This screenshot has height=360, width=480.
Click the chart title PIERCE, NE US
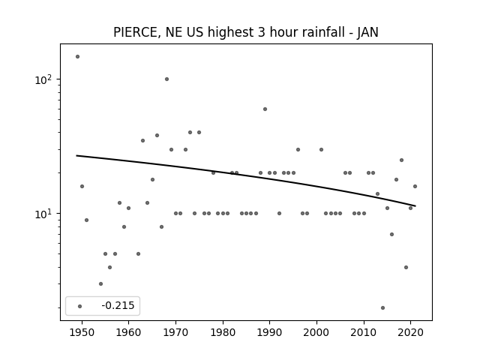(x=158, y=32)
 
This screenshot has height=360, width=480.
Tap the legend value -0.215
(x=118, y=305)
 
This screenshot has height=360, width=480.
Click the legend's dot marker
(x=80, y=306)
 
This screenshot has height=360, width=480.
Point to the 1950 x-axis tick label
(x=82, y=332)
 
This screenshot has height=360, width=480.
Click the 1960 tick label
(x=128, y=332)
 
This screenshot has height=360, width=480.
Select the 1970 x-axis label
(x=175, y=332)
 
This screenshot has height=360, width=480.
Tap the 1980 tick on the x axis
(x=223, y=332)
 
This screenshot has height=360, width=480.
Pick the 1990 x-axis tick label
(x=270, y=332)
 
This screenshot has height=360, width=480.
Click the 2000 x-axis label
(x=316, y=332)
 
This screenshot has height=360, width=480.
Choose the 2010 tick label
(x=364, y=332)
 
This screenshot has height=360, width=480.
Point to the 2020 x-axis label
(x=411, y=332)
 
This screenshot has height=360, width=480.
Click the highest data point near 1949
(x=77, y=57)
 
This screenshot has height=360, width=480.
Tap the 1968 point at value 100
(x=166, y=79)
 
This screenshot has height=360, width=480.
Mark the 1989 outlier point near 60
(x=265, y=109)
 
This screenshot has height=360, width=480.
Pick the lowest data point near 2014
(x=382, y=307)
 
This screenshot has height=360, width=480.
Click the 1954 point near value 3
(x=100, y=283)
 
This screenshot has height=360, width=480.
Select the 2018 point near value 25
(x=401, y=160)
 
